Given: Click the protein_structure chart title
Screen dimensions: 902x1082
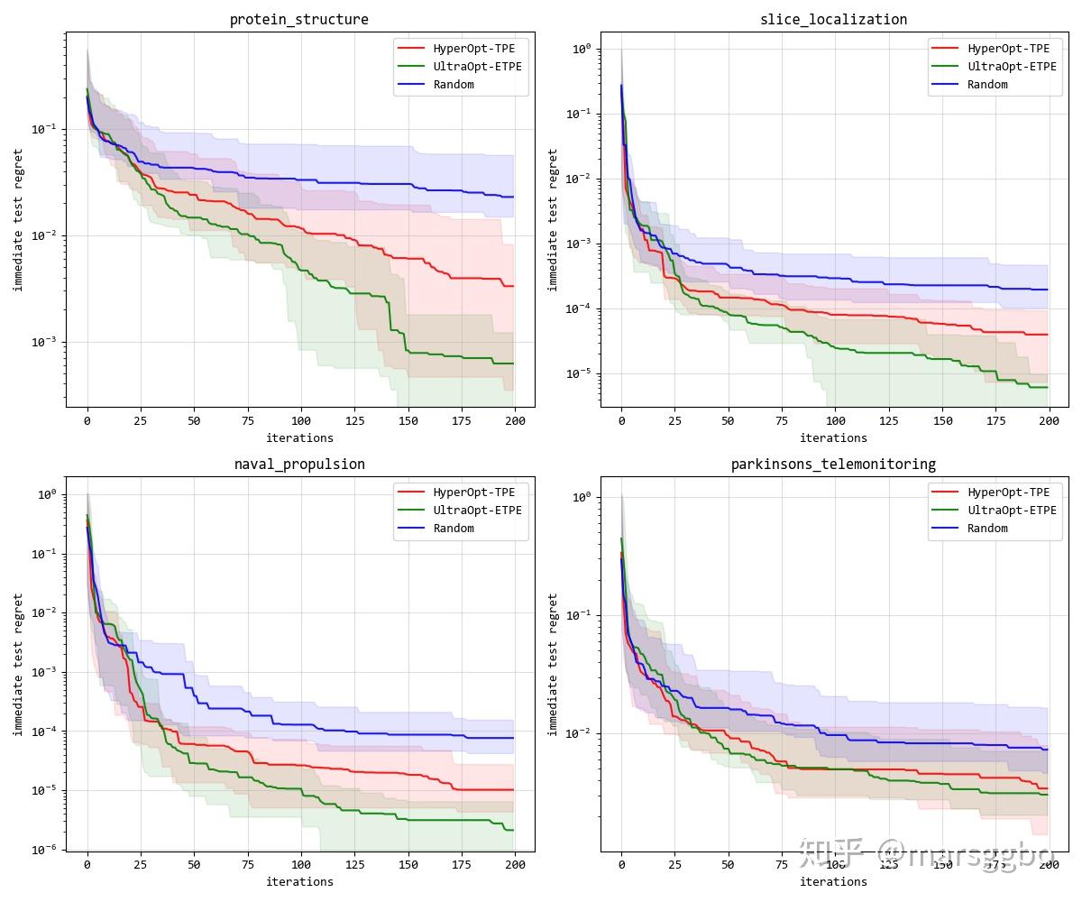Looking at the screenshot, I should coord(298,19).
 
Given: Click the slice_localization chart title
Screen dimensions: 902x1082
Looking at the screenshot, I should coord(833,19).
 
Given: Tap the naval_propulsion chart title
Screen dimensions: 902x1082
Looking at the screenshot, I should coord(299,464).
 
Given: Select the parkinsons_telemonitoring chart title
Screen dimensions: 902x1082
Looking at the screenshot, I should coord(833,464).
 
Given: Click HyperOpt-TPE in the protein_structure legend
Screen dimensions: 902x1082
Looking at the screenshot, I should coord(473,48).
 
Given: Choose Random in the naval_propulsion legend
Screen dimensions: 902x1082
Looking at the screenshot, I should coord(454,528).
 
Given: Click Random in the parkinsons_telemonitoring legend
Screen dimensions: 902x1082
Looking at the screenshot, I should coord(987,528).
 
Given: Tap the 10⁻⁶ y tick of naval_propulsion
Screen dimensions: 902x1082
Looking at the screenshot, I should coord(45,849).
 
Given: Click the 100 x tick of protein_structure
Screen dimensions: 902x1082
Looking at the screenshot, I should coord(301,420).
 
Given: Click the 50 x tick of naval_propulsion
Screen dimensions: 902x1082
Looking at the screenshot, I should coord(194,864).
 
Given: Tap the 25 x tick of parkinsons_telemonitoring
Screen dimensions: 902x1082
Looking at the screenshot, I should coord(674,864).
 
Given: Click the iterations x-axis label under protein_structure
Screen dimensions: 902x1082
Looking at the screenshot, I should coord(299,437).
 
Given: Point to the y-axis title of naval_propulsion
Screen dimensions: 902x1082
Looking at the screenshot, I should coord(18,664).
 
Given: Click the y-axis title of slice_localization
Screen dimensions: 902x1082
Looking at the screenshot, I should coord(553,219).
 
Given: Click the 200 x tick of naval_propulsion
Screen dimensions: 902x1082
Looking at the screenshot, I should coord(515,864).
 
